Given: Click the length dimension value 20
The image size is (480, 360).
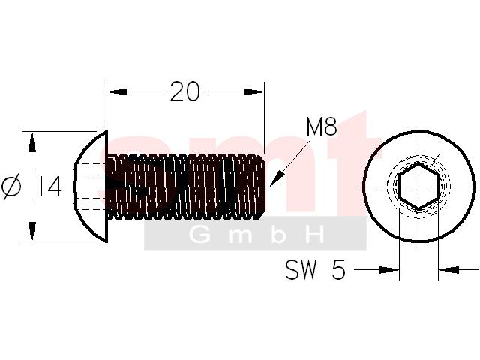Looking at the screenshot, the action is (185, 91).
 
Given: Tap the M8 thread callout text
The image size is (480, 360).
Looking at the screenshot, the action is (322, 127).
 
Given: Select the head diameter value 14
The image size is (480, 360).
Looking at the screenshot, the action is (49, 187).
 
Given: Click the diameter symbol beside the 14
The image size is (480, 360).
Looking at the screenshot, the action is (12, 187).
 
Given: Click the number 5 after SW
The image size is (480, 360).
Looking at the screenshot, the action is (338, 269).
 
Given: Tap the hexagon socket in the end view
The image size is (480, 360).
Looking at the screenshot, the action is (418, 187).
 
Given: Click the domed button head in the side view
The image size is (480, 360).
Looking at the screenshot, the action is (91, 187).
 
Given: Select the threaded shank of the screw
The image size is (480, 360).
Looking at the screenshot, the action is (186, 187).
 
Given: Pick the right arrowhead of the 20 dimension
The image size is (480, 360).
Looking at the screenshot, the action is (254, 91).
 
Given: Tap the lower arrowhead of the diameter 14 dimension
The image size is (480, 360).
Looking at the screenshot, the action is (31, 232).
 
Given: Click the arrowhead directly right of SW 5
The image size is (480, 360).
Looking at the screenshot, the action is (388, 270).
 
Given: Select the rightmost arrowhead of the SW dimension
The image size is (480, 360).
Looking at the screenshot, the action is (448, 270).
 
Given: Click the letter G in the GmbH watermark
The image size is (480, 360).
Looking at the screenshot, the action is (199, 235).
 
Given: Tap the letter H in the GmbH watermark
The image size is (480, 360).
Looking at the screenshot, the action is (314, 235).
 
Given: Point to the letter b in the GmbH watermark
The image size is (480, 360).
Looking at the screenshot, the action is (278, 235).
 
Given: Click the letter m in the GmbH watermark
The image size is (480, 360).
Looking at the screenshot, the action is (241, 236).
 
